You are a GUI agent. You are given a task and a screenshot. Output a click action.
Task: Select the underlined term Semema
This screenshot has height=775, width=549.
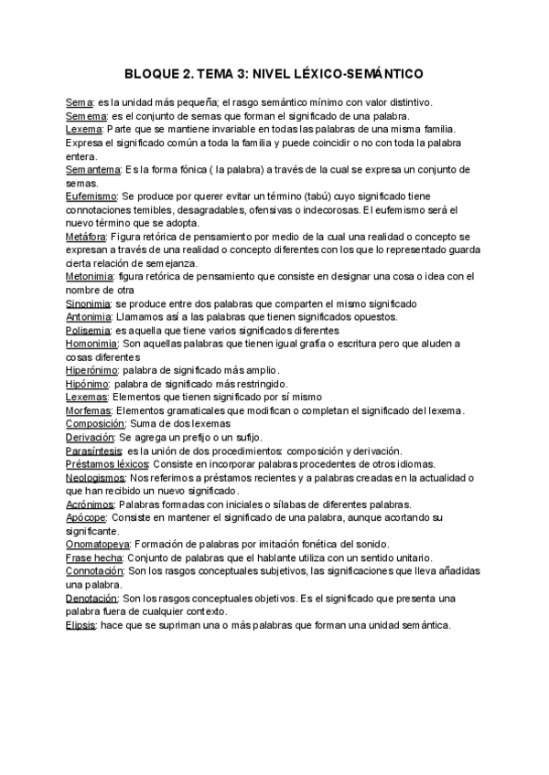[x=88, y=117]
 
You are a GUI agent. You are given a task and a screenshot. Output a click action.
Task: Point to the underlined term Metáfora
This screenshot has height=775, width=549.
[x=87, y=237]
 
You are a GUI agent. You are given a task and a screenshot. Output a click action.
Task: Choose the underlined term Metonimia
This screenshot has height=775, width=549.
[x=91, y=276]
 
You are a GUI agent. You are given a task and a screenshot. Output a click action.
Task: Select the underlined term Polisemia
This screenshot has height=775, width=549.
[x=87, y=330]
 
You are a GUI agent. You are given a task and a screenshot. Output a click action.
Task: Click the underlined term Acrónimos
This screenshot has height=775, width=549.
[x=90, y=504]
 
